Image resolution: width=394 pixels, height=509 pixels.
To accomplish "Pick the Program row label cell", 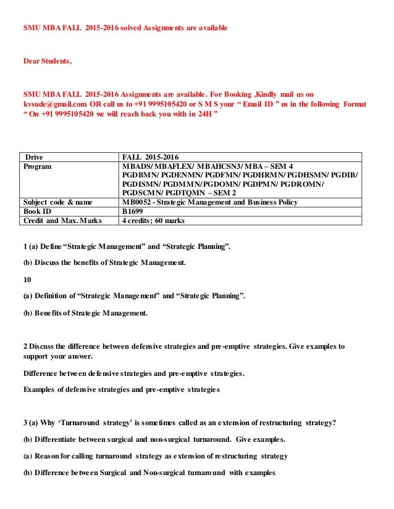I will pos(38,166).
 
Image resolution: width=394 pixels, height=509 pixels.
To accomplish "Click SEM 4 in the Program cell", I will pos(281,166).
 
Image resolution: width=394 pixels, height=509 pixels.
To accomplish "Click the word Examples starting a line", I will pos(41,389).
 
